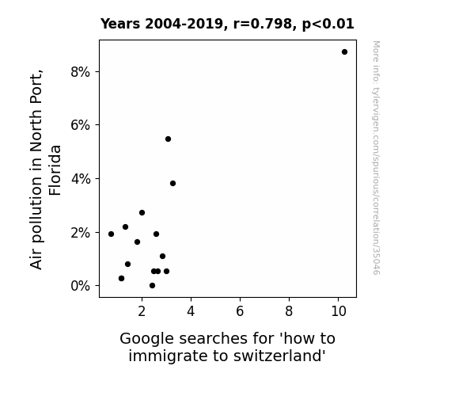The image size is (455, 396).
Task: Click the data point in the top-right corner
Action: click(344, 52)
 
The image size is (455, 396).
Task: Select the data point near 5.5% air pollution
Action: click(168, 139)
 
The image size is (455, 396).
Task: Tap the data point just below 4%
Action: click(173, 183)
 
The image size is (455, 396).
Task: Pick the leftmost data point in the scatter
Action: click(111, 234)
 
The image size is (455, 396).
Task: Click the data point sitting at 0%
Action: click(153, 286)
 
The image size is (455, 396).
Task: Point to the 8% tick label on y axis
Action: click(80, 72)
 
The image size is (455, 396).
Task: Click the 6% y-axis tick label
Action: click(80, 125)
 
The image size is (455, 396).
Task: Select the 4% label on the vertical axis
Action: click(81, 179)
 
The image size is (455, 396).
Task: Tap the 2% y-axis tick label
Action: click(80, 233)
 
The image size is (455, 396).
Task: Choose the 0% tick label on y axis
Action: click(80, 286)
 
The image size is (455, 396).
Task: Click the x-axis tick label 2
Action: click(142, 311)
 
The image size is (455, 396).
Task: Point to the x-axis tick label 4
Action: click(191, 311)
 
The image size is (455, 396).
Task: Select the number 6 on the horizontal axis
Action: click(240, 311)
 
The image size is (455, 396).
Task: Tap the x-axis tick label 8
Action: click(289, 311)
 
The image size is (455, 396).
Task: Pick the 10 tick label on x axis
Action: click(339, 311)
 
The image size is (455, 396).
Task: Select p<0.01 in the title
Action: click(328, 25)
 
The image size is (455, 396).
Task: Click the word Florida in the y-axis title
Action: click(55, 170)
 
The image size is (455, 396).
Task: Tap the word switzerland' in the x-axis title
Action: click(279, 356)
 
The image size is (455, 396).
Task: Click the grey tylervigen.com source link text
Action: click(376, 158)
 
